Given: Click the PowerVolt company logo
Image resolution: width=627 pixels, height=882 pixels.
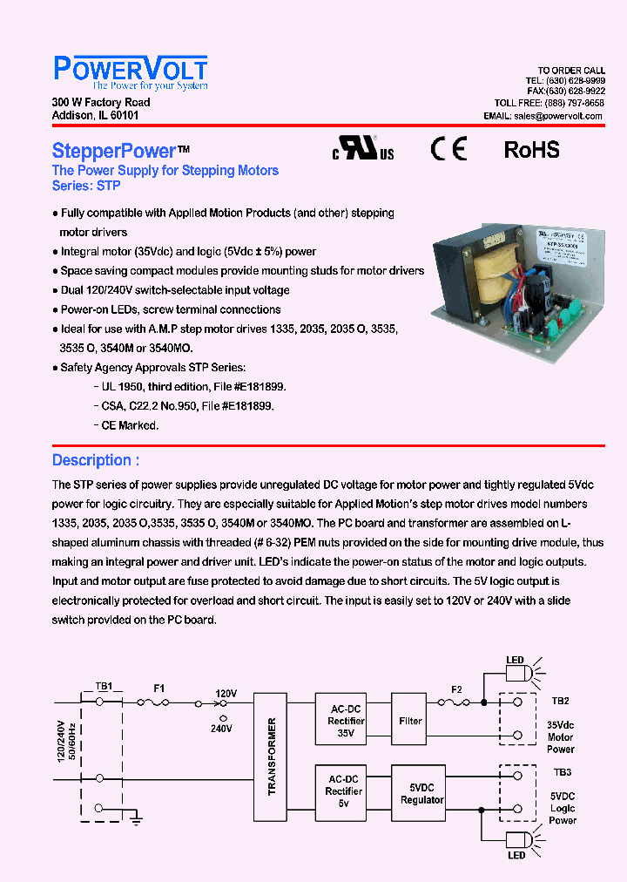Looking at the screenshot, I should (x=131, y=72).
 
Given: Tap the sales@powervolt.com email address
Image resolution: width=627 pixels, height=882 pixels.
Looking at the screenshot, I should (x=558, y=116).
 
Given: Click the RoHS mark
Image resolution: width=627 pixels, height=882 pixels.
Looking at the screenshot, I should (x=531, y=150).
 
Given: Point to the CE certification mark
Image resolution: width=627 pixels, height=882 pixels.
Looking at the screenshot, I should (x=448, y=149).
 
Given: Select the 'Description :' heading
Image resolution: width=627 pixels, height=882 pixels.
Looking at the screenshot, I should (x=96, y=460).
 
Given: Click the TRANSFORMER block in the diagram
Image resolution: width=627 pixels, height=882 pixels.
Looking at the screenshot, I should (x=270, y=756).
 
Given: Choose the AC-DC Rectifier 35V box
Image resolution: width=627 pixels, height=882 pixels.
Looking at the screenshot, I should (x=346, y=721).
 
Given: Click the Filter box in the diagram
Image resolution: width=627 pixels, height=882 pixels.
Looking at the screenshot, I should (x=410, y=721).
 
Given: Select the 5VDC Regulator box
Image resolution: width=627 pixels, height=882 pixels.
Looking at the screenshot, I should (x=421, y=793).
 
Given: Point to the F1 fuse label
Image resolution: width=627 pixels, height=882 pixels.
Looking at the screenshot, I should (x=159, y=688).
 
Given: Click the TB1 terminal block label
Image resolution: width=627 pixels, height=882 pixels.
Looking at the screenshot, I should (x=104, y=686).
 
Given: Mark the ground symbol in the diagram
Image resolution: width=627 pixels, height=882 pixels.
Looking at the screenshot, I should (x=135, y=819).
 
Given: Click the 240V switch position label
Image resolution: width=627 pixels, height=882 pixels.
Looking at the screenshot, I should (x=221, y=728).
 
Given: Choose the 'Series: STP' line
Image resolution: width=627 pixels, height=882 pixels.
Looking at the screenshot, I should (x=86, y=186).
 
